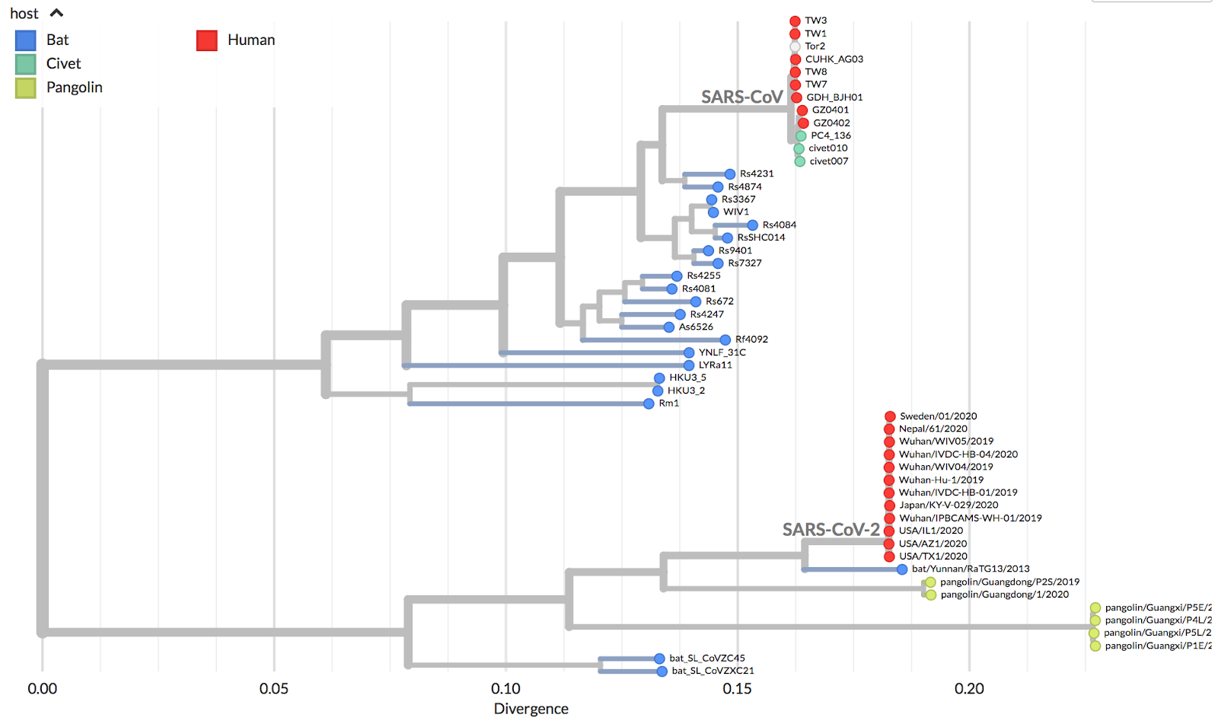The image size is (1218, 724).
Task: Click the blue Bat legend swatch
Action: [x=25, y=40]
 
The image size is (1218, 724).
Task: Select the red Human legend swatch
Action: [x=207, y=40]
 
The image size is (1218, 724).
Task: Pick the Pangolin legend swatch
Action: [x=25, y=88]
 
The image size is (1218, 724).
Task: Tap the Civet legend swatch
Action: [x=25, y=64]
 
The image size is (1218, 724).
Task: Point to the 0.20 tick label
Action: [x=969, y=689]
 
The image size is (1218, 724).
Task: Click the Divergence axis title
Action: [x=531, y=709]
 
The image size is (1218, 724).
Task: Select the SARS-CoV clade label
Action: [x=741, y=97]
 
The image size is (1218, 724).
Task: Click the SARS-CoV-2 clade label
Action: [x=831, y=530]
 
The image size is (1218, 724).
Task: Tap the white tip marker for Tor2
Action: [x=796, y=46]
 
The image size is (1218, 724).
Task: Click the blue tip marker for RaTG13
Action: [x=902, y=569]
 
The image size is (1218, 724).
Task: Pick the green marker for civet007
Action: [x=800, y=161]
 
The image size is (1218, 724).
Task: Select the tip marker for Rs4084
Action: [x=752, y=225]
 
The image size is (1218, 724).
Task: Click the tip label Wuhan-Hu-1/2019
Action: [x=941, y=480]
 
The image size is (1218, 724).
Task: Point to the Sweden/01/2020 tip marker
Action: [x=890, y=416]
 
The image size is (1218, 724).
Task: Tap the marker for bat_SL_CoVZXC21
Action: [x=662, y=671]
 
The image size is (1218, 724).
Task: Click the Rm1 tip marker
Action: [x=649, y=403]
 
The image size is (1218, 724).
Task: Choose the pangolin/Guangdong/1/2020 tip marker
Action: [x=931, y=595]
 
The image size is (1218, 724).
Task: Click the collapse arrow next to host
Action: [x=56, y=13]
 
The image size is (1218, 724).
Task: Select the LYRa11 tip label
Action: [x=715, y=365]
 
